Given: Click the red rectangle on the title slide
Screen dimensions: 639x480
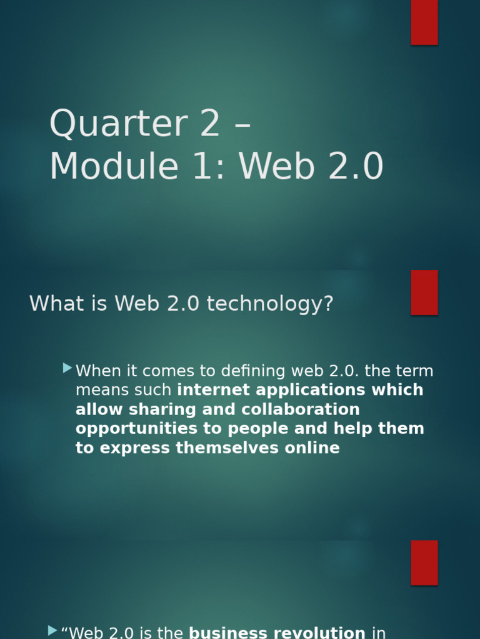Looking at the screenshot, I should pyautogui.click(x=424, y=22).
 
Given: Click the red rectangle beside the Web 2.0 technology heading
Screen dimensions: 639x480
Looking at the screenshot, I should pyautogui.click(x=424, y=292).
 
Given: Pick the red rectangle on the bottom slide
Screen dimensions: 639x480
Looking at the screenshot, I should pyautogui.click(x=424, y=562).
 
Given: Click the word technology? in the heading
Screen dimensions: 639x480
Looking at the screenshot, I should pyautogui.click(x=270, y=304).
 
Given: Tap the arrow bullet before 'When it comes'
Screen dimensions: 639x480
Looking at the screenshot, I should pyautogui.click(x=67, y=369).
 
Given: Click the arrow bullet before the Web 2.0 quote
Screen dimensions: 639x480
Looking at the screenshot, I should pyautogui.click(x=52, y=631).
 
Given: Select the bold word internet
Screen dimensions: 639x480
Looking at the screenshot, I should pyautogui.click(x=210, y=390).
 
